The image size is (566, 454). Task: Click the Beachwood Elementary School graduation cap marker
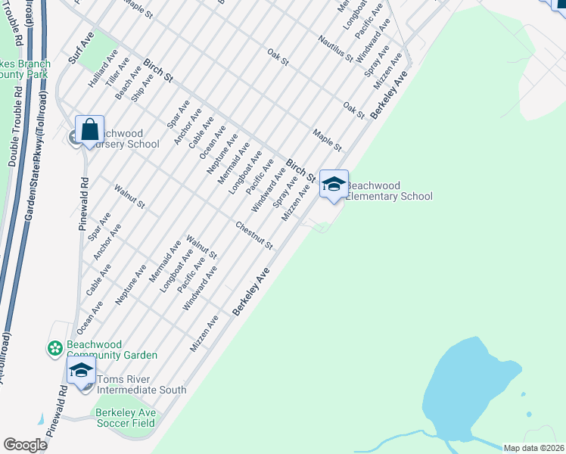coord(334,185)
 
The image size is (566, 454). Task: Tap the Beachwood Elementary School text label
coord(389,191)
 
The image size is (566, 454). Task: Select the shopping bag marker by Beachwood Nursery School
coord(89,130)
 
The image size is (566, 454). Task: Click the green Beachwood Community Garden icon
coord(55,349)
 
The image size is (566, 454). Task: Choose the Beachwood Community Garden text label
coord(112,350)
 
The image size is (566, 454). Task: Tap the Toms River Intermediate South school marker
coord(81,370)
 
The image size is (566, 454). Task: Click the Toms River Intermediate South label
coord(137,384)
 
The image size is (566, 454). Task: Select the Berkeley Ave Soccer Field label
coord(126,418)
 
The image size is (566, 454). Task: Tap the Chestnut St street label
coord(253,235)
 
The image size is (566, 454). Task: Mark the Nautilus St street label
coord(335,48)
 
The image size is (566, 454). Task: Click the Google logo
coord(25,445)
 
